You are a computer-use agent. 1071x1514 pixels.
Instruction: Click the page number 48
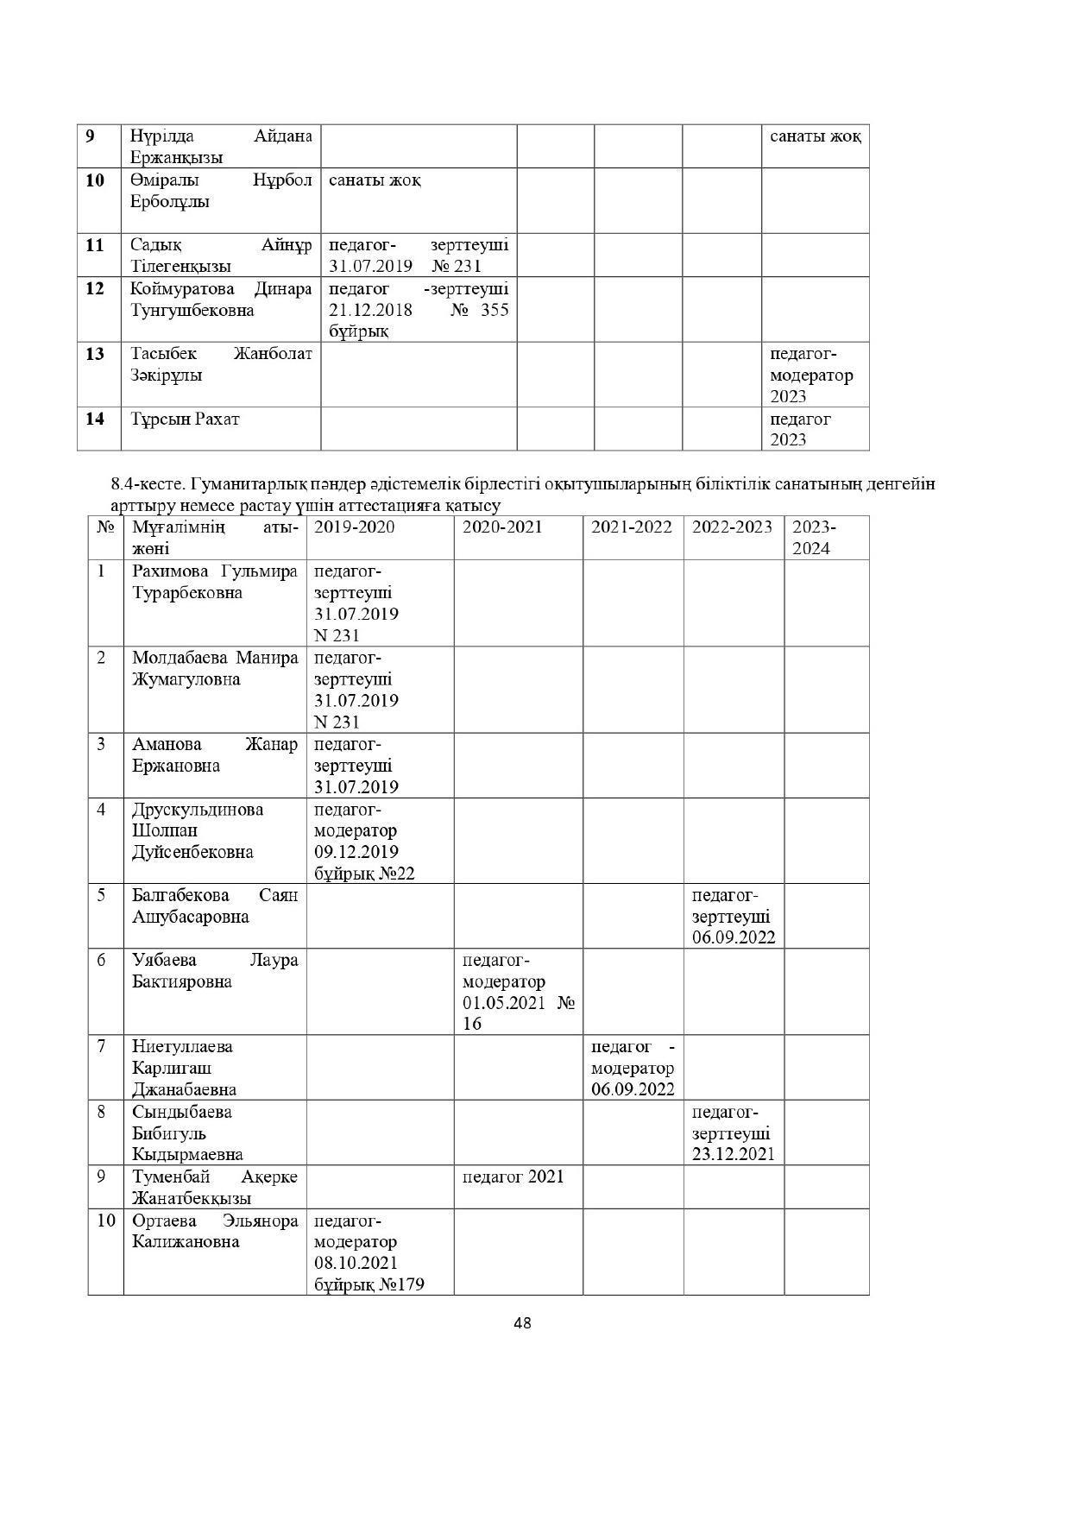pos(522,1322)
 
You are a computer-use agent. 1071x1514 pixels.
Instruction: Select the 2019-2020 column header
pos(354,527)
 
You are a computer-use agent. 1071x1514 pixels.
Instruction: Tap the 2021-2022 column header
pos(631,527)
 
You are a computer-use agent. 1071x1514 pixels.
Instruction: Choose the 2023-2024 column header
pos(814,537)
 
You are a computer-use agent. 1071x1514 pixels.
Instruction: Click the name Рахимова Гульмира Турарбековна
pos(215,582)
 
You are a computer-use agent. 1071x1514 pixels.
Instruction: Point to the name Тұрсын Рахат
pos(185,419)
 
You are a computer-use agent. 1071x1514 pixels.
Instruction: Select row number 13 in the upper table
pos(94,354)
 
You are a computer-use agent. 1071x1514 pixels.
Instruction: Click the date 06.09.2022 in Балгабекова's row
pos(733,937)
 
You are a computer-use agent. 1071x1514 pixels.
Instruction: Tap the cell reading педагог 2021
pos(513,1176)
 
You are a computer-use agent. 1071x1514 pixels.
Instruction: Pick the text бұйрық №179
pos(369,1284)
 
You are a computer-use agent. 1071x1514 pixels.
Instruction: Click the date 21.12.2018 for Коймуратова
pos(370,309)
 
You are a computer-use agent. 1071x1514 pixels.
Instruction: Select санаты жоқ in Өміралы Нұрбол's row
pos(375,180)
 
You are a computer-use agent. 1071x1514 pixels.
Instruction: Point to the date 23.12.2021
pos(733,1154)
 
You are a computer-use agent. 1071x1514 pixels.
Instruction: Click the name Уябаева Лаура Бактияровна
pos(215,970)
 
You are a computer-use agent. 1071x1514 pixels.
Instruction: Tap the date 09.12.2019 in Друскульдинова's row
pos(356,852)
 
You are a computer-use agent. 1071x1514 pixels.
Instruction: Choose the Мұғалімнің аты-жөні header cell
pos(215,537)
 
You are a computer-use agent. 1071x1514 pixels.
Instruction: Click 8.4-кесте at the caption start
pos(142,483)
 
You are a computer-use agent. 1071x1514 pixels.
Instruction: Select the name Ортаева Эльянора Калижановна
pos(215,1231)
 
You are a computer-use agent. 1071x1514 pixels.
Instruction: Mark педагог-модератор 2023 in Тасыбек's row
pos(812,375)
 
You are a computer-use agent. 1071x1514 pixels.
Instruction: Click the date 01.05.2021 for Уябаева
pos(504,1003)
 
